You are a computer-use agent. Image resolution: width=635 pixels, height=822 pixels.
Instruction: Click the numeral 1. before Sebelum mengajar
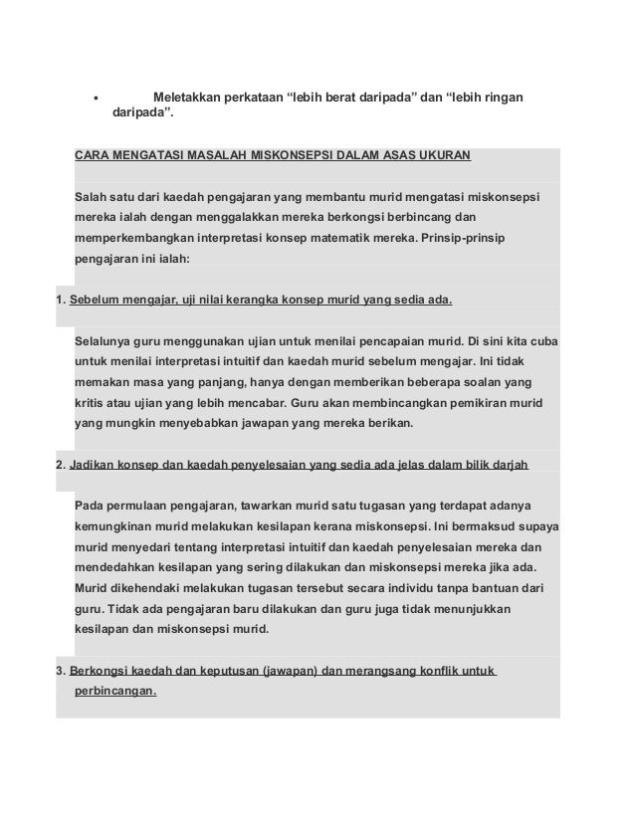(x=60, y=300)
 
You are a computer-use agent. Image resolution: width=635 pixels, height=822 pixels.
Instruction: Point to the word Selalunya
(x=107, y=340)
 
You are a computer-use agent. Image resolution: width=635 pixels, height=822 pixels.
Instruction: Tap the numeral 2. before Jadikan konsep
(x=60, y=466)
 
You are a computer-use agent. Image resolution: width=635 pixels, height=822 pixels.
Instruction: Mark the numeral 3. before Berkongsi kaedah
(x=60, y=670)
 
